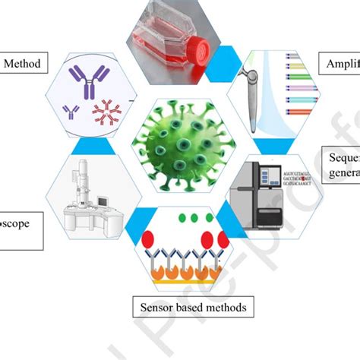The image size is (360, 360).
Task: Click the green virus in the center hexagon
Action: click(178, 141)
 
